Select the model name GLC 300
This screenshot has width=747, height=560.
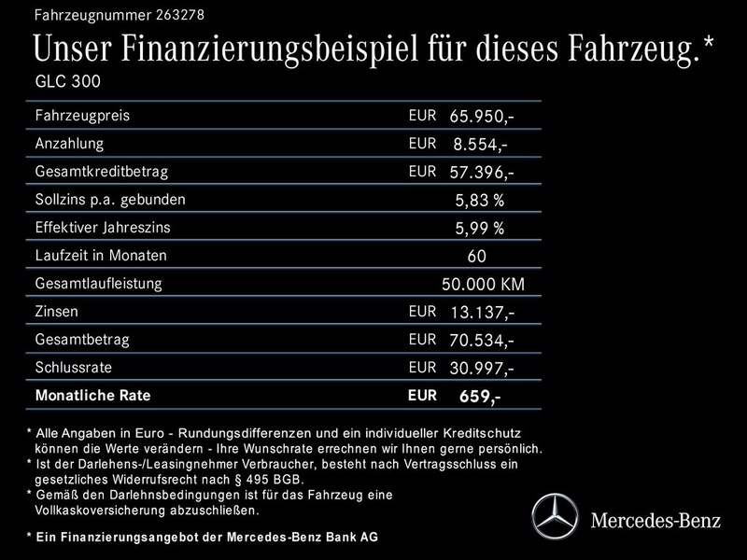[x=66, y=81]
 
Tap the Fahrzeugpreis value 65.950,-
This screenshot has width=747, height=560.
[x=481, y=117]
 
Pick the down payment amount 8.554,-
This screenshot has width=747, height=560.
[x=482, y=145]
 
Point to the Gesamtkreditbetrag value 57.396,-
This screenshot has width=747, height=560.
[x=481, y=173]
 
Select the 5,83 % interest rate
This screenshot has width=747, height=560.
[x=480, y=201]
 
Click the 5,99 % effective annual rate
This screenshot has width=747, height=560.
[x=480, y=229]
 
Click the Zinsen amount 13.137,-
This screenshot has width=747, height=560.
[x=481, y=313]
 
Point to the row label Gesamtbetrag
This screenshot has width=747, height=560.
[x=81, y=339]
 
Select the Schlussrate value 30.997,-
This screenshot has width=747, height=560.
[x=481, y=369]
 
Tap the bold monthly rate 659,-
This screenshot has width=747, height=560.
[x=479, y=397]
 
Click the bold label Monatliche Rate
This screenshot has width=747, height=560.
[x=92, y=396]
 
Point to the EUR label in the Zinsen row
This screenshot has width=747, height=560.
[x=422, y=311]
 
